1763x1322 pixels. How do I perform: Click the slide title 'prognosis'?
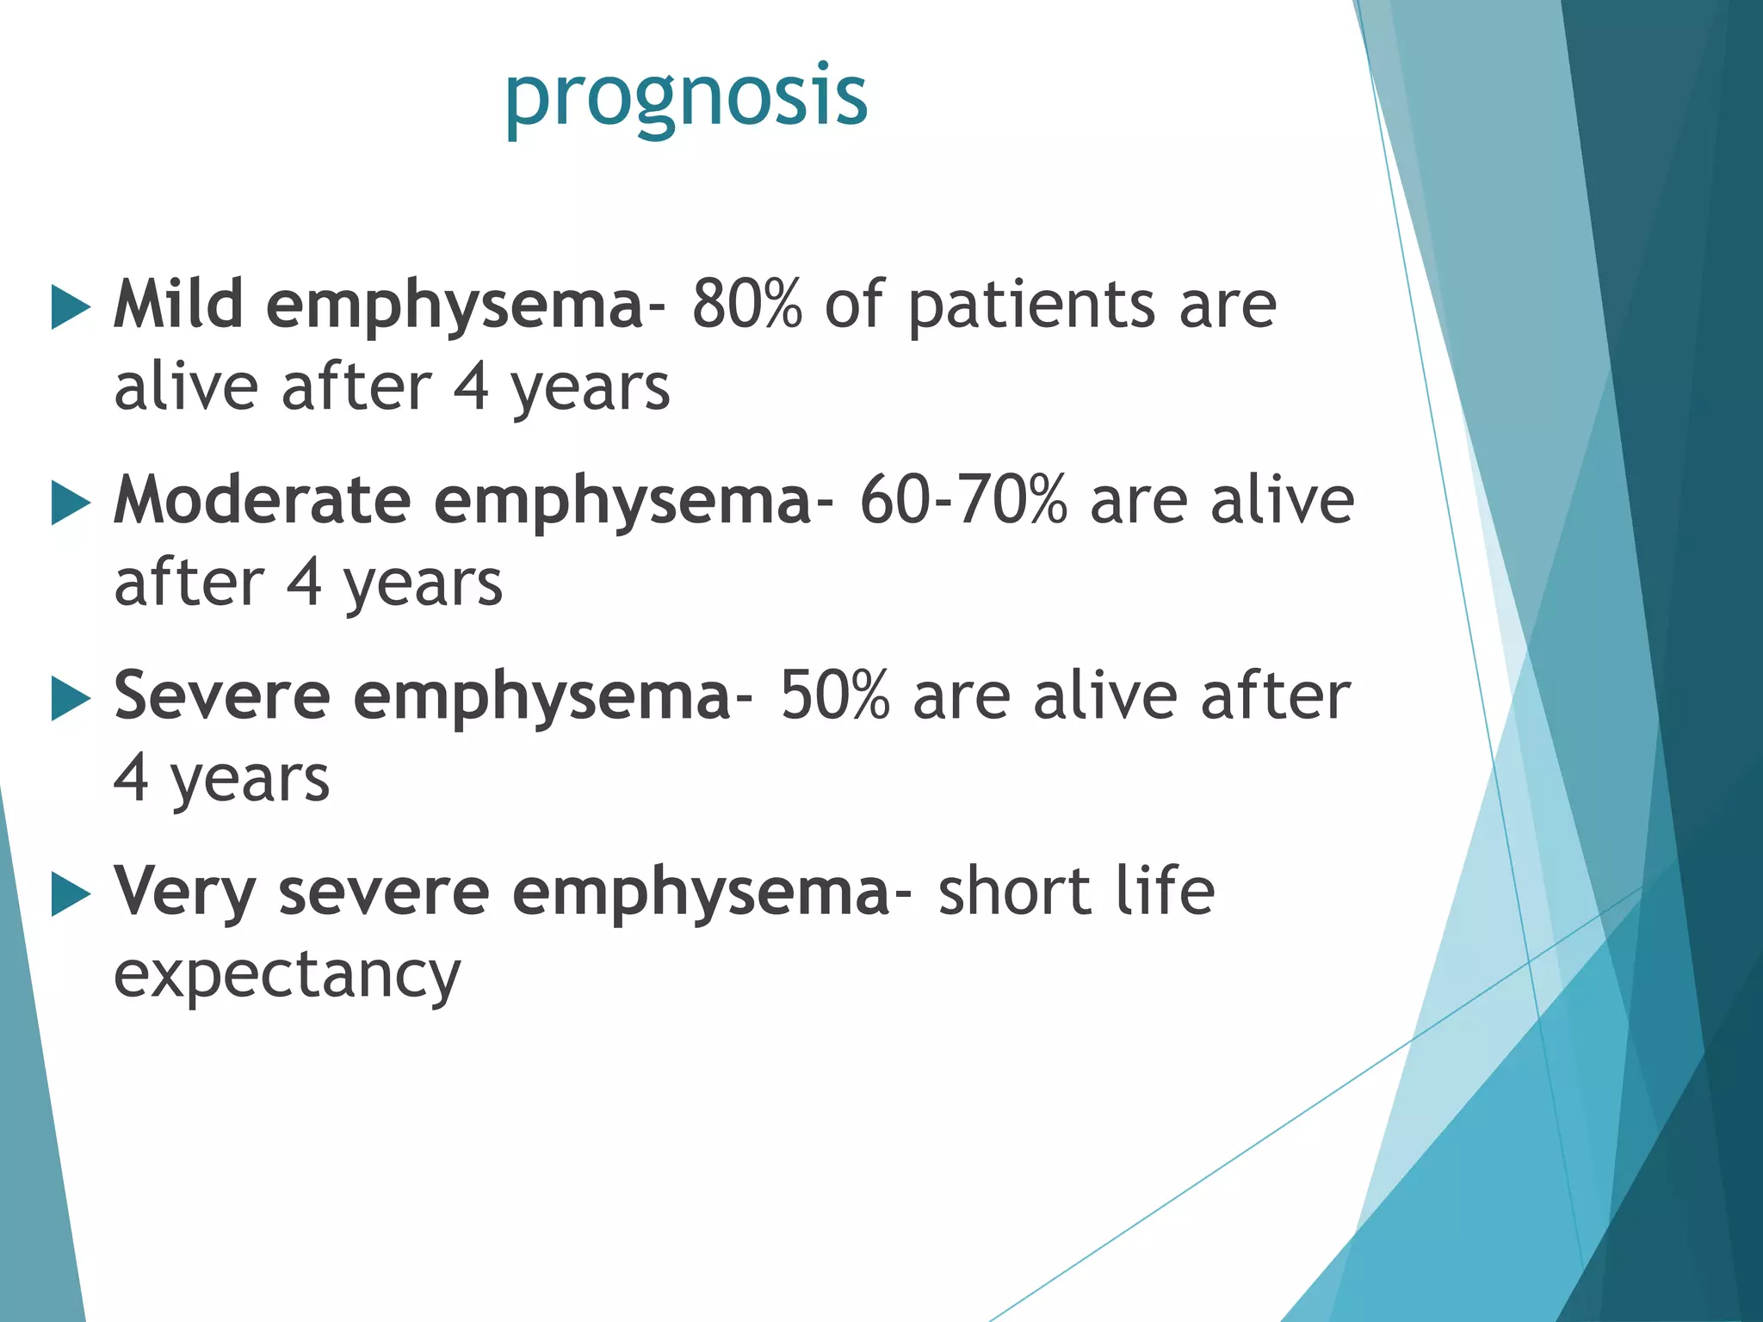tap(685, 96)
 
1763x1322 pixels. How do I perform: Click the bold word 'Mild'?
tap(178, 305)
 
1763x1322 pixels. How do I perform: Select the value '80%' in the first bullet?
tap(746, 305)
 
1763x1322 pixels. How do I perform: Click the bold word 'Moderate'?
tap(263, 500)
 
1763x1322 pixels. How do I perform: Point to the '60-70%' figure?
tap(963, 500)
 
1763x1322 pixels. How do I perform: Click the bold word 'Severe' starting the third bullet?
tap(222, 695)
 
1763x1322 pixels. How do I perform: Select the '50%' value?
tap(833, 695)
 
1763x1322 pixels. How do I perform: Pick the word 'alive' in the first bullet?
tap(186, 387)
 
